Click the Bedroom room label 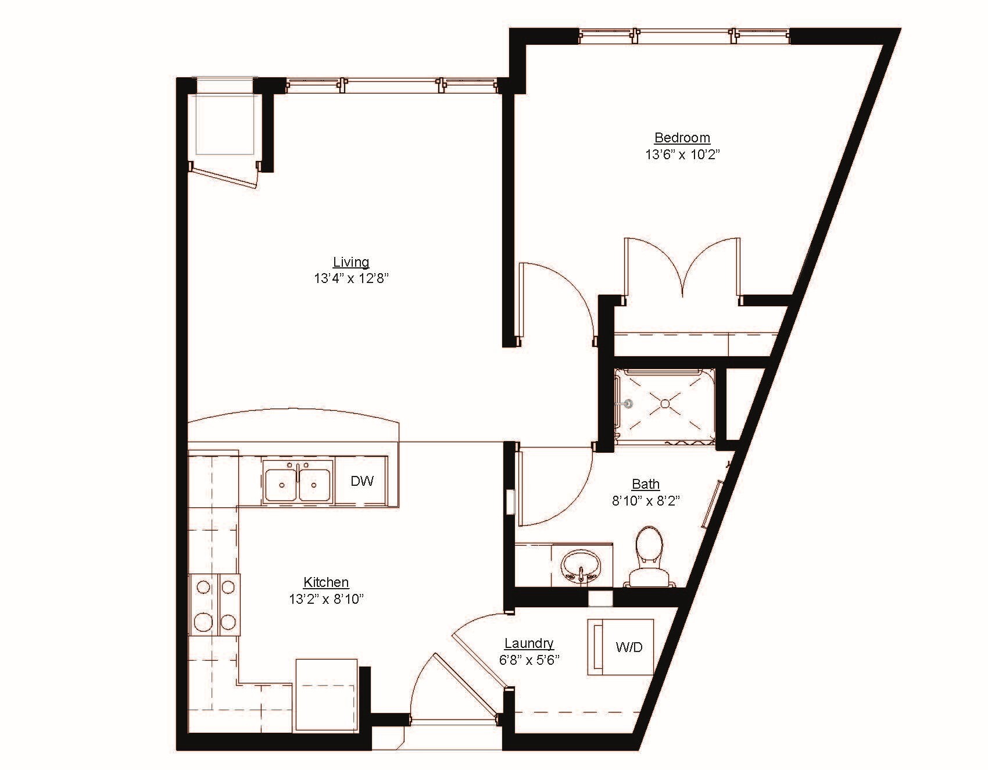[x=682, y=138]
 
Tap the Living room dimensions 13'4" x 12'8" [x=351, y=278]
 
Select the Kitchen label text [x=326, y=582]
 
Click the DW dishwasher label [x=362, y=481]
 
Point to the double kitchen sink [x=298, y=481]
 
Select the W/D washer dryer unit [x=621, y=647]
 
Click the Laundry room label [x=529, y=643]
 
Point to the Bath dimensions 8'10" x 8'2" [x=646, y=500]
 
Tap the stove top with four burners [x=214, y=604]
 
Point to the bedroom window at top [x=685, y=36]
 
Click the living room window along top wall [x=392, y=85]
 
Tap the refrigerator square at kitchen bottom [x=325, y=694]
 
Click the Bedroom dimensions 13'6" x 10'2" [x=682, y=155]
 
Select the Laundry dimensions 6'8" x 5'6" [x=529, y=660]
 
